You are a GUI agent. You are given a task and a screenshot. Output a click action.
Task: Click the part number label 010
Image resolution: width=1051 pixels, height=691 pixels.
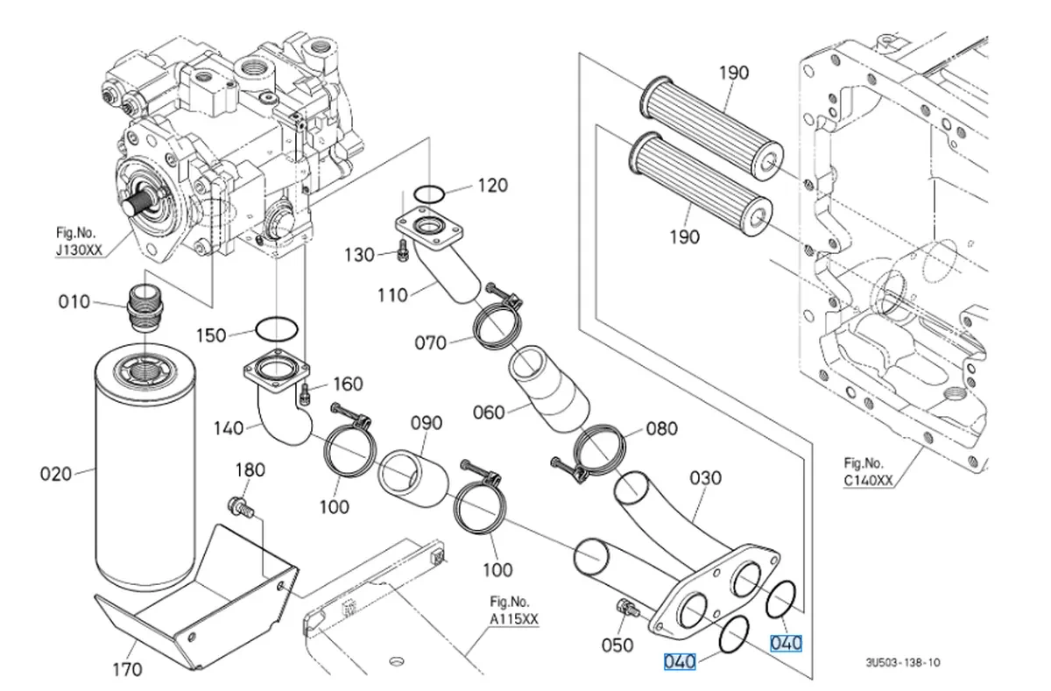74,302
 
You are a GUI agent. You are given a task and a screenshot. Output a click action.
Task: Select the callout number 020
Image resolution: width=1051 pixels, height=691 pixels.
56,474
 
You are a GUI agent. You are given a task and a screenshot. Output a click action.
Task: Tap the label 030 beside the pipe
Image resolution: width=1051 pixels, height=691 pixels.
706,478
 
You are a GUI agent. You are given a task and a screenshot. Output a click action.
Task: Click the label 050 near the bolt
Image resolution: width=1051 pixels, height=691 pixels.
617,645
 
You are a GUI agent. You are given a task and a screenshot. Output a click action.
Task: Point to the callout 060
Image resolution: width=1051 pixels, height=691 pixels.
489,411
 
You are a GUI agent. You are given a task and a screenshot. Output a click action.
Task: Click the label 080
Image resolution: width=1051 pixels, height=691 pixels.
661,429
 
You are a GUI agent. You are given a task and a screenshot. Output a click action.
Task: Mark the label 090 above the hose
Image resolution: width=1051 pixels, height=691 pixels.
427,424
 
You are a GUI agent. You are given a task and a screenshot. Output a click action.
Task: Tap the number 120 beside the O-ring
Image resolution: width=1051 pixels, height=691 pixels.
492,186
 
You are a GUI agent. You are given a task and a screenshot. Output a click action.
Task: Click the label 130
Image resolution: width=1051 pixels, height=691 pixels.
358,255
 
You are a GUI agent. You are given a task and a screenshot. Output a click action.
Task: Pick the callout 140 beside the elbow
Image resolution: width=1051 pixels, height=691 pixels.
229,428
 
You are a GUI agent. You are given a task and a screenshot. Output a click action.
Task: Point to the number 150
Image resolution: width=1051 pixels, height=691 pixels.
210,335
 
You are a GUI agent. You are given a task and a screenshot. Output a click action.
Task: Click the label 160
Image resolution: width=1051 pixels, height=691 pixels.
347,384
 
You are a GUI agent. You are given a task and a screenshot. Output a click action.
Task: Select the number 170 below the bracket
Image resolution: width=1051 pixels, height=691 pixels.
127,671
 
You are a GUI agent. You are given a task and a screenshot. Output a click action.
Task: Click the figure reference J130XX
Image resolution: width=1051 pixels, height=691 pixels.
79,250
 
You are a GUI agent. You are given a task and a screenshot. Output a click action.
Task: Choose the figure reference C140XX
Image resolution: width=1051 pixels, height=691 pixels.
868,480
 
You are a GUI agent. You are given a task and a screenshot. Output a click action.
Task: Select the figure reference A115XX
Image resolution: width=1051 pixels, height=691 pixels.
513,619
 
